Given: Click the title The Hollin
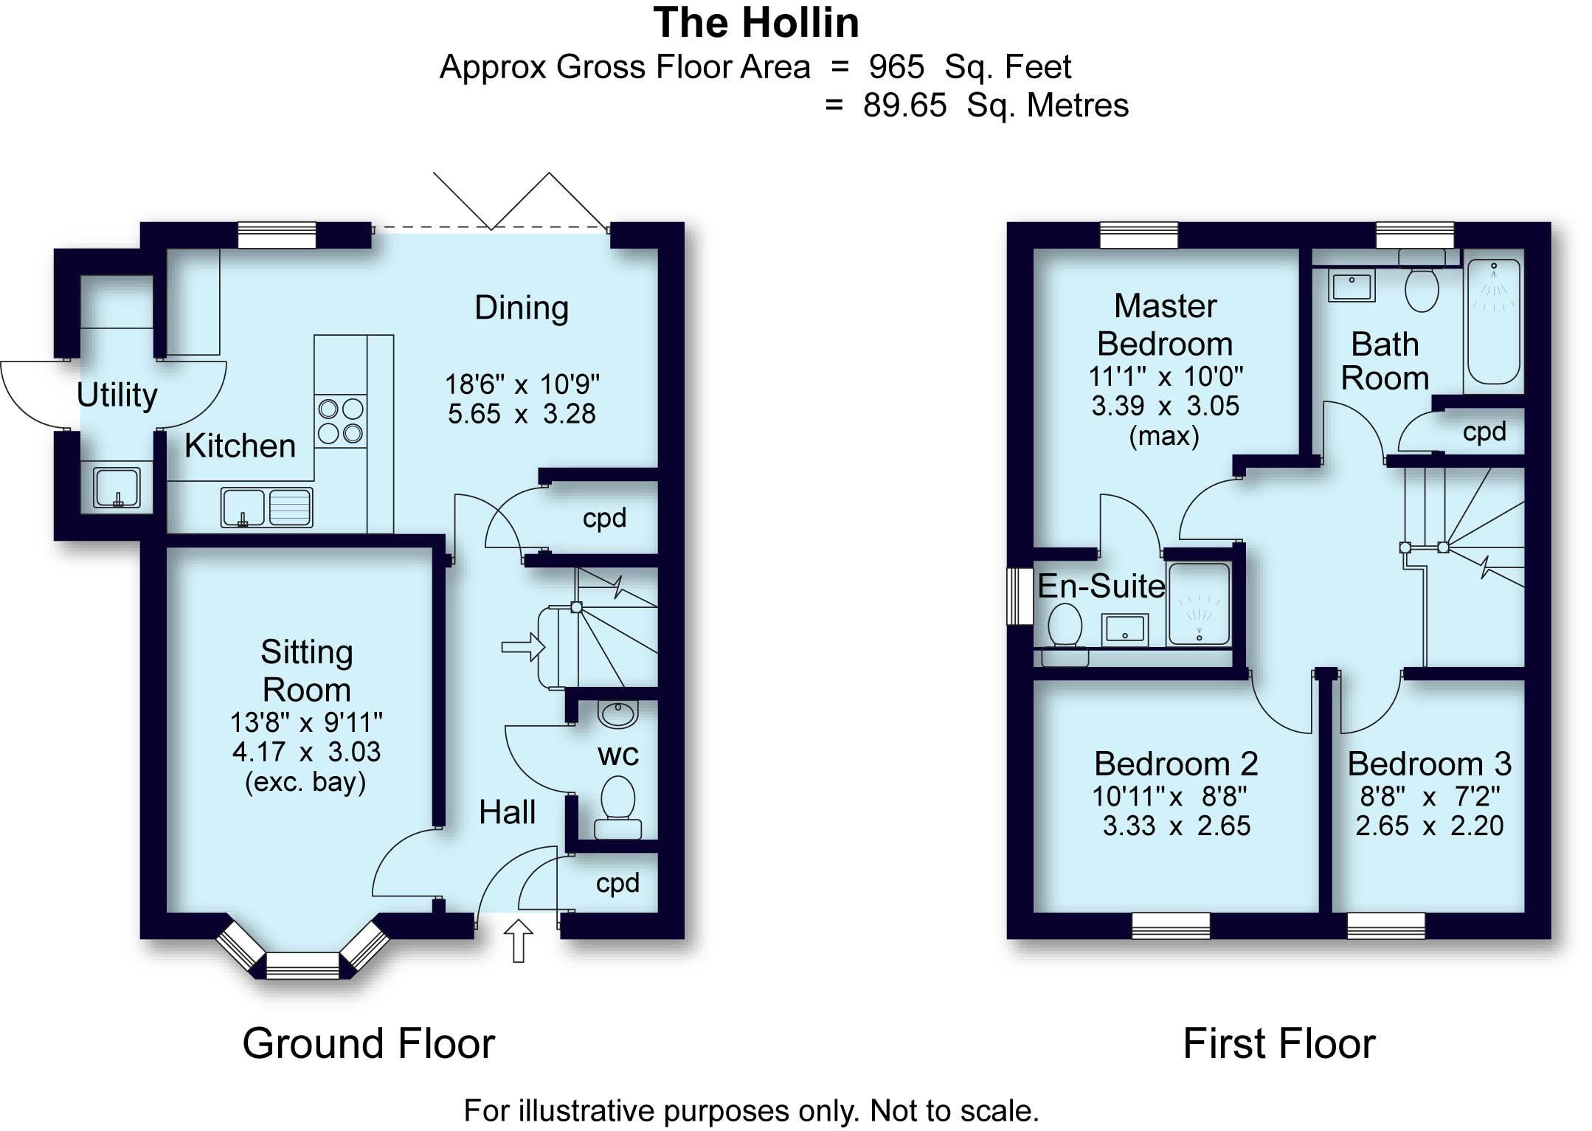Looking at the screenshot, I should point(756,23).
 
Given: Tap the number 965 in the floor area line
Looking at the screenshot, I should point(896,67).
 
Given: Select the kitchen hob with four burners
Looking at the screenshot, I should point(340,421).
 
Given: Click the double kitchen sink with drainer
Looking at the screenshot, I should point(266,507).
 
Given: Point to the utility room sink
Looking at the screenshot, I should point(117,487).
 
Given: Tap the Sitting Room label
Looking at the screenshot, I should point(306,671).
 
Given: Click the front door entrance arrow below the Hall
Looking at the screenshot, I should point(519,940).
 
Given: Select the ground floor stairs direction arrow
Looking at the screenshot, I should point(522,647).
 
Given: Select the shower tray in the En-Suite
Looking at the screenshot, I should point(1200,603).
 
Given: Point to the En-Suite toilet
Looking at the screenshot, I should point(1065,629).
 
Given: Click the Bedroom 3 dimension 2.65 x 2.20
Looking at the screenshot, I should point(1429,825).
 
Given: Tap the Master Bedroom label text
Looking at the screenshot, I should point(1165,325).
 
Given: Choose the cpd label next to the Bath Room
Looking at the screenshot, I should point(1484,432).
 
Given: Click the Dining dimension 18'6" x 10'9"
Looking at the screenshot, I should point(522,384).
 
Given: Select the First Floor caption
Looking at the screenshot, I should point(1278,1043).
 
